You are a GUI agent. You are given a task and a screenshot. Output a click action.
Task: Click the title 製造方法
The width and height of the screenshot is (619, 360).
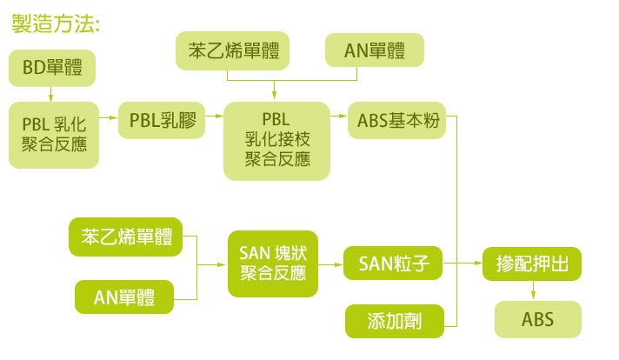point(56,23)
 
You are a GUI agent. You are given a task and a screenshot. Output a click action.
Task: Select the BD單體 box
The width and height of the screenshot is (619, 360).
point(52,68)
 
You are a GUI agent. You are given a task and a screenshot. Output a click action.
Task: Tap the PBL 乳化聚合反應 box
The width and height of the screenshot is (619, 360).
point(54,135)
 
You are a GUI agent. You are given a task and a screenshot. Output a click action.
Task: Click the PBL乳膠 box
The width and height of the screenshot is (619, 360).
point(162,120)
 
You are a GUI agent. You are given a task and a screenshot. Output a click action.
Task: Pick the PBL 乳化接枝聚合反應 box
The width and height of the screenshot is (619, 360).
point(276,141)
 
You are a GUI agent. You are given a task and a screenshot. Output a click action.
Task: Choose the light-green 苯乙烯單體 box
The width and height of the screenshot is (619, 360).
point(232,51)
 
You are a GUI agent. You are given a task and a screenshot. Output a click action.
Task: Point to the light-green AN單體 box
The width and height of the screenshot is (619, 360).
point(375,50)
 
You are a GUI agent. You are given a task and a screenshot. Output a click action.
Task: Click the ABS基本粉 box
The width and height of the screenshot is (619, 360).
point(396,120)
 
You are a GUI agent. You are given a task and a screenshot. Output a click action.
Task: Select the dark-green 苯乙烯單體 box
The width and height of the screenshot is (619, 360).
point(125,237)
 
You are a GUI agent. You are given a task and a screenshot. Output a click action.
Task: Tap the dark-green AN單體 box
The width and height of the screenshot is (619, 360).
point(124,297)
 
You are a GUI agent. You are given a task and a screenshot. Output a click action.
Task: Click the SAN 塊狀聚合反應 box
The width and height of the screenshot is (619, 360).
point(273,263)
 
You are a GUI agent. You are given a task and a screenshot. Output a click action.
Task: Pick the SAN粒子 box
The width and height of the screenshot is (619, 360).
point(393,263)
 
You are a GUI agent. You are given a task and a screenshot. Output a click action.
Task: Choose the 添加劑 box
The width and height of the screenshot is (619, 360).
point(395,321)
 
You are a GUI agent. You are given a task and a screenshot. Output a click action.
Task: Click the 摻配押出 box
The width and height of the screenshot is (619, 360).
point(532,263)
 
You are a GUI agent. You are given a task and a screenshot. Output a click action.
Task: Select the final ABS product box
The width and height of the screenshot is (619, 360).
point(537,319)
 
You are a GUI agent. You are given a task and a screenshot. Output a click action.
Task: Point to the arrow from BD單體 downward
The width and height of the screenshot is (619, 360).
point(51,94)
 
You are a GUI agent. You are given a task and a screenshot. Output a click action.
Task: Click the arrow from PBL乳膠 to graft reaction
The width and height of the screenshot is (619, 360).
point(215,116)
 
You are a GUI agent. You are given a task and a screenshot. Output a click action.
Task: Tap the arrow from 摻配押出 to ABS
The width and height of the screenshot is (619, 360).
point(533,291)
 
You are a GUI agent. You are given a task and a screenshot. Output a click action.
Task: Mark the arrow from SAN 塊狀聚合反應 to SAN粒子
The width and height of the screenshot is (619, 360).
point(331,264)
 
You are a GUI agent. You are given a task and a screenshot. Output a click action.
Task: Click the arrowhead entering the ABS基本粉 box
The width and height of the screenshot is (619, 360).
point(344,116)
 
